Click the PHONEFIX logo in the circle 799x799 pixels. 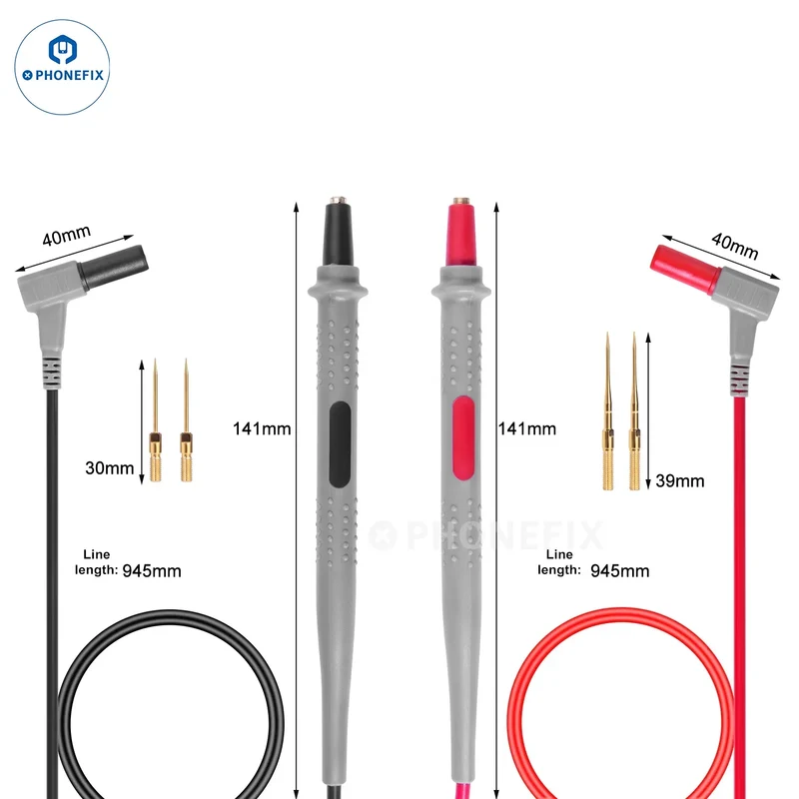point(62,67)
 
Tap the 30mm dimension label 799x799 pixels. point(109,467)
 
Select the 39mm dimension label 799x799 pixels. point(680,480)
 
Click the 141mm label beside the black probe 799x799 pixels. point(262,428)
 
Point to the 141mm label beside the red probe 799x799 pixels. point(527,428)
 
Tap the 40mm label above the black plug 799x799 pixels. point(67,235)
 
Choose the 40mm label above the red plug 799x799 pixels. point(734,246)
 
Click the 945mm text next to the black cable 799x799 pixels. point(152,570)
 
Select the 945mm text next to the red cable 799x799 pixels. point(619,570)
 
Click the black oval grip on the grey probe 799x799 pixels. point(340,443)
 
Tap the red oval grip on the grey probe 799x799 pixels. point(463,438)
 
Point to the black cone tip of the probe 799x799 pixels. point(338,232)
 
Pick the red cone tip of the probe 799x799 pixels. point(461,232)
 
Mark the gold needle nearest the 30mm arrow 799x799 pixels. point(156,420)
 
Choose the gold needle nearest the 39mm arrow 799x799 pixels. point(634,411)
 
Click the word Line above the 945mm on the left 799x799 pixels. point(96,554)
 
